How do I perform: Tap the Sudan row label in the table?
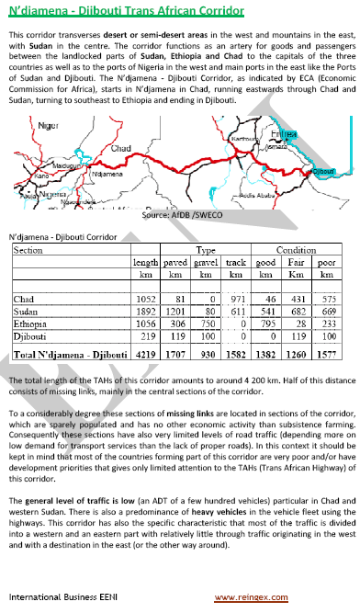click(x=27, y=312)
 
